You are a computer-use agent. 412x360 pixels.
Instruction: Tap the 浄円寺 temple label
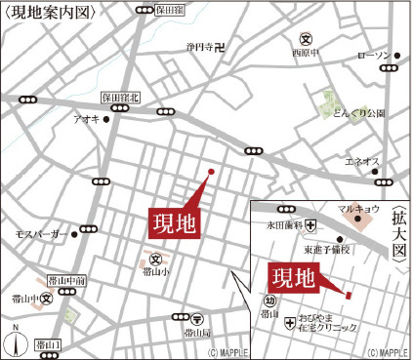tap(199, 46)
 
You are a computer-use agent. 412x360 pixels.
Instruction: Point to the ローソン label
tap(372, 55)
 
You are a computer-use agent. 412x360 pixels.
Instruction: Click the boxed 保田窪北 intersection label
tap(121, 98)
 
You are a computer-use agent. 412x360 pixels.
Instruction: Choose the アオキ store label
tap(85, 119)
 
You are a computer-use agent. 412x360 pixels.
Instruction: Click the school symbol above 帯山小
tap(154, 260)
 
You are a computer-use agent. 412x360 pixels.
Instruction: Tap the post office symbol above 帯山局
tap(197, 318)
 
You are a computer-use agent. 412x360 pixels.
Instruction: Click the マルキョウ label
tap(358, 208)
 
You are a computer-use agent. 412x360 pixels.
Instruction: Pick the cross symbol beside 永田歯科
tap(310, 225)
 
